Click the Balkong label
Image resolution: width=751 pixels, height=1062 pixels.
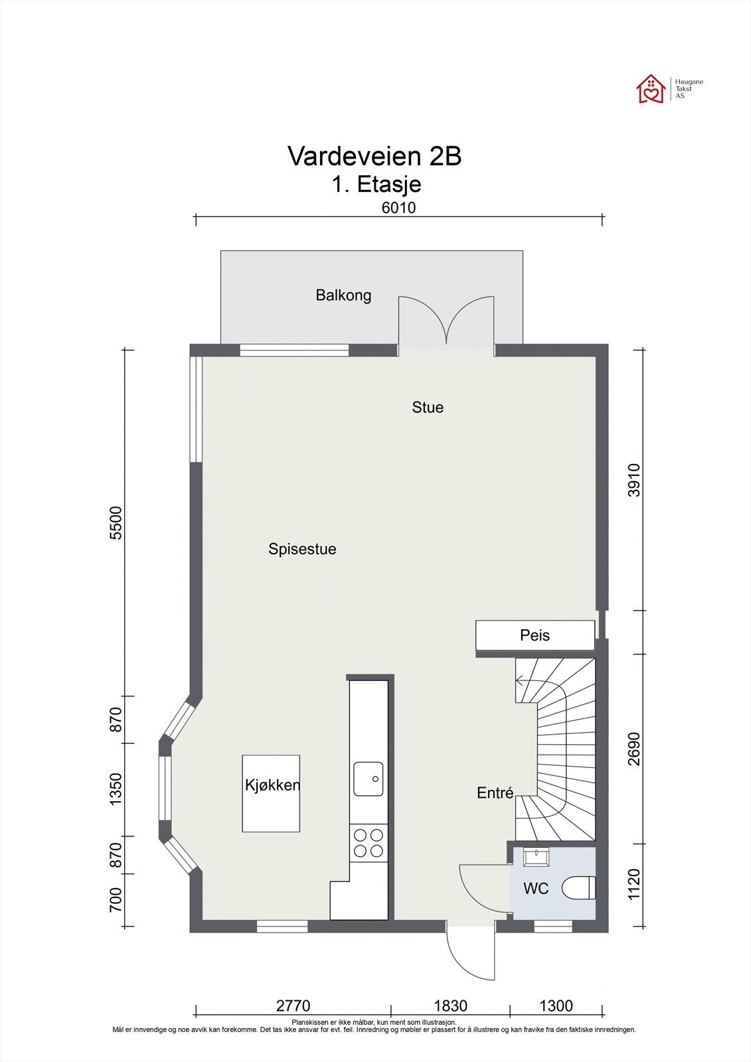click(x=343, y=295)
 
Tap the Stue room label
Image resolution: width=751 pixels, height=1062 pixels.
click(x=428, y=407)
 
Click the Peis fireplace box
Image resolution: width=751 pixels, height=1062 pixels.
click(x=535, y=635)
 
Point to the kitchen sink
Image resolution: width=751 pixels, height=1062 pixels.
click(x=369, y=778)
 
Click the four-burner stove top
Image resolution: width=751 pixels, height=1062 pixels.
click(x=369, y=843)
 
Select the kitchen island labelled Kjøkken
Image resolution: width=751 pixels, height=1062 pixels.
click(x=271, y=793)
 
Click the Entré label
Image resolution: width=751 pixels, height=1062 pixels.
click(x=495, y=793)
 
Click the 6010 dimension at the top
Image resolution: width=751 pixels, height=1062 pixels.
click(x=398, y=207)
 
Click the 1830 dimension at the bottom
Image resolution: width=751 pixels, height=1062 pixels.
click(x=450, y=1006)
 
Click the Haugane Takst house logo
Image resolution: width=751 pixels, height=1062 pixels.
click(x=651, y=89)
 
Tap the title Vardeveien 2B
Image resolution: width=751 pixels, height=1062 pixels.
click(x=374, y=156)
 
